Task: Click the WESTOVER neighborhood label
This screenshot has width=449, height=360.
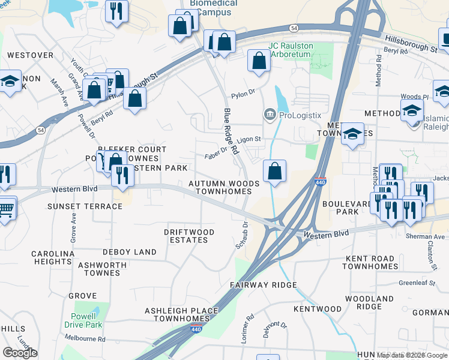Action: [x=30, y=55]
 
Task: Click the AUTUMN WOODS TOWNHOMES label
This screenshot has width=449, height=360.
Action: [x=224, y=187]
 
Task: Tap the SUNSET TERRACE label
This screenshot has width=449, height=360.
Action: [x=85, y=206]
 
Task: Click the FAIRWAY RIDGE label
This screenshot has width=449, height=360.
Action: [x=264, y=285]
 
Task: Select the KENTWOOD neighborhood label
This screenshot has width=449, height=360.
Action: [x=318, y=309]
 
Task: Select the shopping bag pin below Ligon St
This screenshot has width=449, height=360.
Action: [x=274, y=172]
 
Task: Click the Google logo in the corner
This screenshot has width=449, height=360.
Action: [x=20, y=352]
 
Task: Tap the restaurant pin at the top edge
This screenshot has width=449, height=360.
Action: [x=116, y=10]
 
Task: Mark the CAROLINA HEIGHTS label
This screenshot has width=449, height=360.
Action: [x=53, y=257]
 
